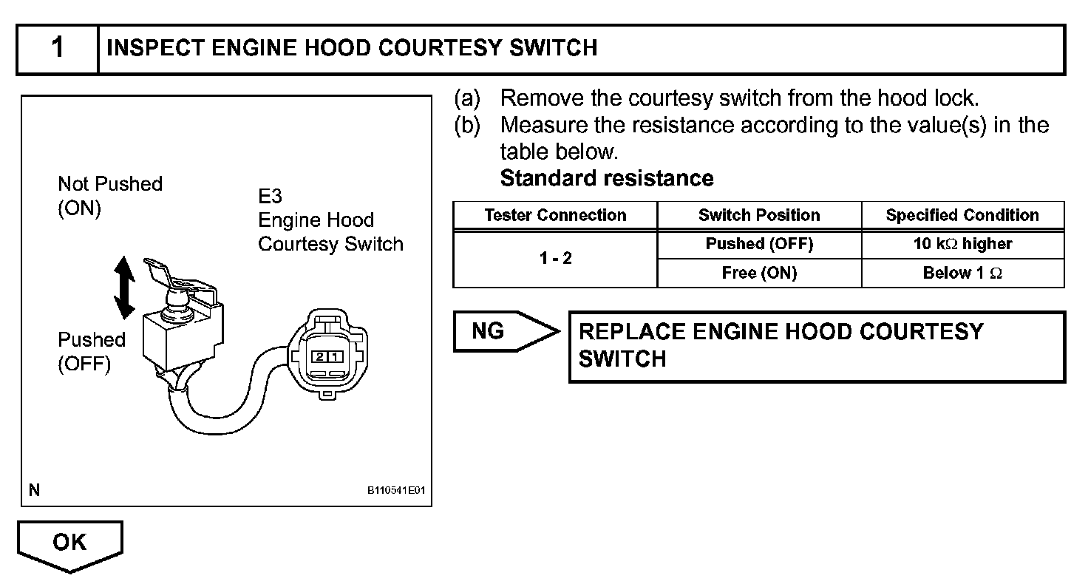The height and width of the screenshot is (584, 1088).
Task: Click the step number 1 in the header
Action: [x=58, y=49]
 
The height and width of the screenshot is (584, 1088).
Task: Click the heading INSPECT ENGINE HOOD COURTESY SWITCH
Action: [x=352, y=49]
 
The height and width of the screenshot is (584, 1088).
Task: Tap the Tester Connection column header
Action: [x=555, y=215]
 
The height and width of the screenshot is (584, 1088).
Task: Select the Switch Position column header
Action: [x=759, y=215]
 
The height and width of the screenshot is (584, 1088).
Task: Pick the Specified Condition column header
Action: [x=962, y=215]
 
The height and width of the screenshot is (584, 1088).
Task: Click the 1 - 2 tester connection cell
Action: [x=555, y=259]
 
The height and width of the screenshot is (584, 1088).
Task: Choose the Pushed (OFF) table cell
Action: [x=759, y=244]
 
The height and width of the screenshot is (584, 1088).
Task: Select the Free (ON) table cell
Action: [x=759, y=273]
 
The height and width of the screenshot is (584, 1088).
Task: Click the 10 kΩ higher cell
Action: [x=962, y=244]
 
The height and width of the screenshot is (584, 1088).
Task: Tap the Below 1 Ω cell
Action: [x=962, y=273]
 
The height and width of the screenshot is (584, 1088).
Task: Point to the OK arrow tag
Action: [x=69, y=543]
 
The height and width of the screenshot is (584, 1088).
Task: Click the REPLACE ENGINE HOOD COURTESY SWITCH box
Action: [x=816, y=345]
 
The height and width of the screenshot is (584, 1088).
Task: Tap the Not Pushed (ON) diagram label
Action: [x=109, y=196]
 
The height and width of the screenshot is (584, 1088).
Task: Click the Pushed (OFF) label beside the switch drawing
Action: [x=92, y=352]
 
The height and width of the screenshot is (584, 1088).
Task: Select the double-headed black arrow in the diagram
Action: [x=124, y=288]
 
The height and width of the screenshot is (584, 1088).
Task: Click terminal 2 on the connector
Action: [x=319, y=356]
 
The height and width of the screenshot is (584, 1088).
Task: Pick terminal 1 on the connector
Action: [x=335, y=356]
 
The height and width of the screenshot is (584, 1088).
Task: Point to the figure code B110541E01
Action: [x=397, y=490]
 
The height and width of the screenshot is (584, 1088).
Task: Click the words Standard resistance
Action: [x=607, y=178]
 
